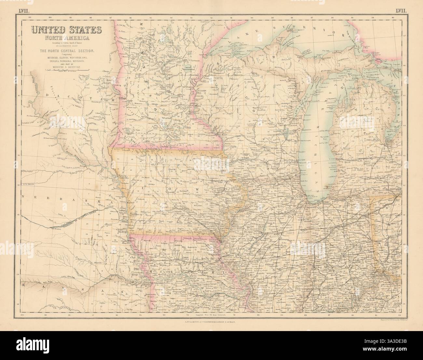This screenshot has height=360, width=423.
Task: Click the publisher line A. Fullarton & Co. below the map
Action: click(211, 321)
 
